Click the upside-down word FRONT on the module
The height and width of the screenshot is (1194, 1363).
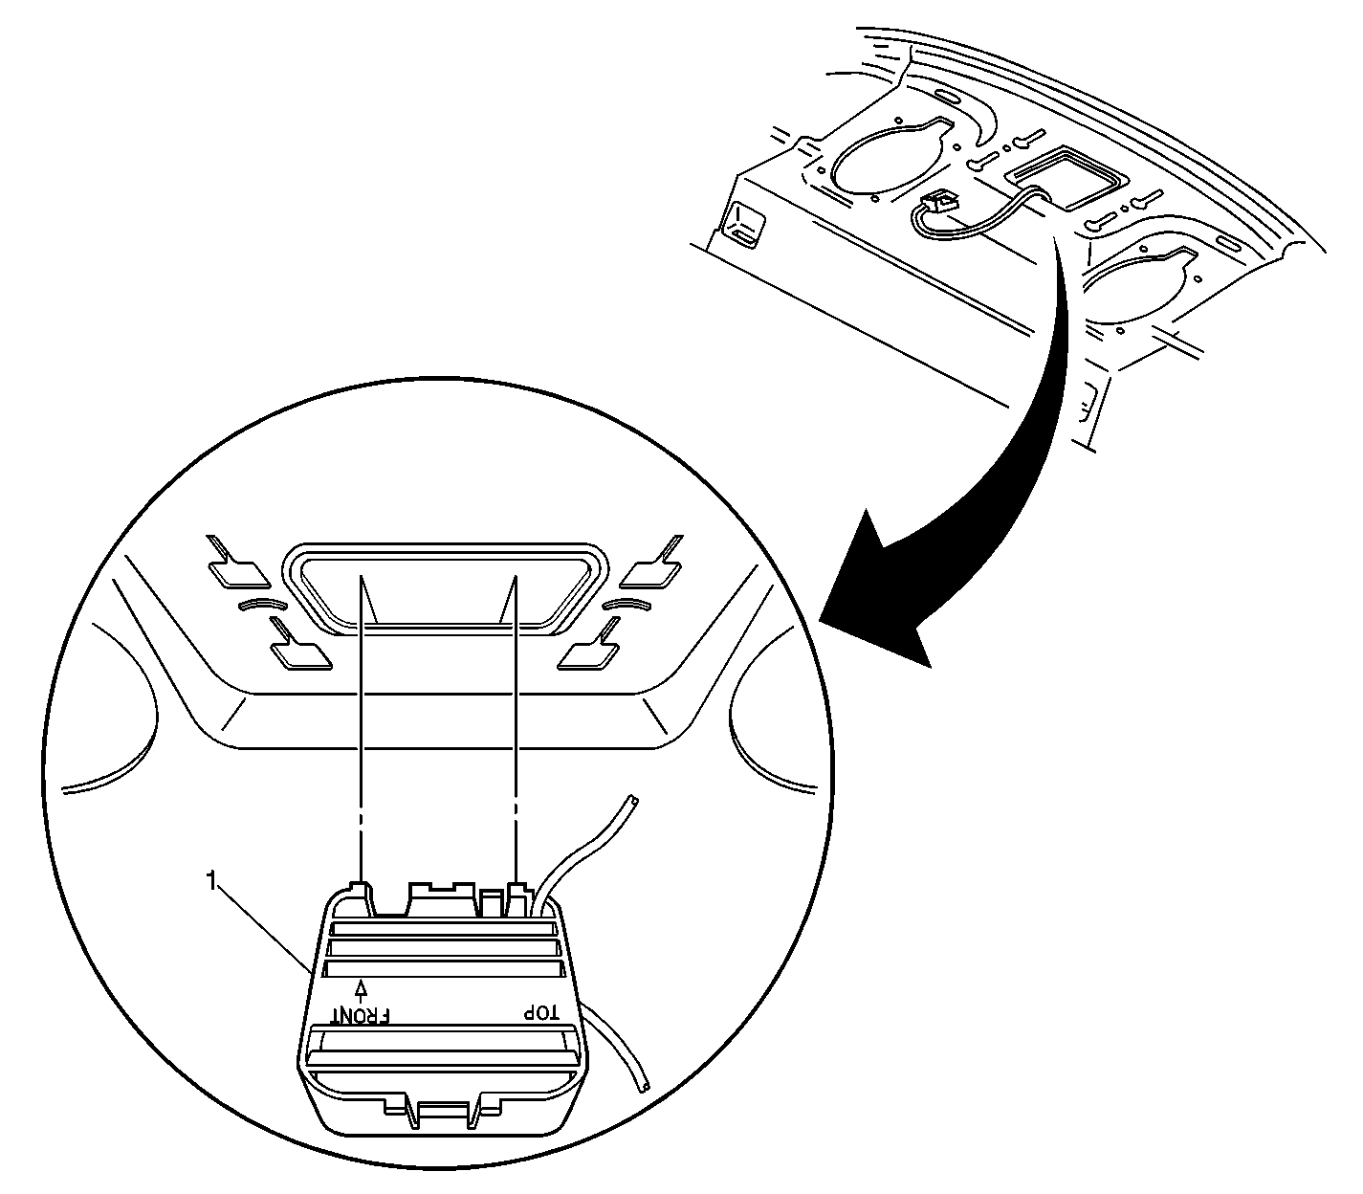coord(361,1015)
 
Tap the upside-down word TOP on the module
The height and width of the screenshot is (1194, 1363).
coord(540,1013)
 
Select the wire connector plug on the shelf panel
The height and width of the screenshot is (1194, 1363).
coord(938,202)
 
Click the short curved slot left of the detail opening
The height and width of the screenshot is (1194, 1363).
coord(262,603)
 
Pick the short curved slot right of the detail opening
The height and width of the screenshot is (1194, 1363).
coord(627,605)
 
